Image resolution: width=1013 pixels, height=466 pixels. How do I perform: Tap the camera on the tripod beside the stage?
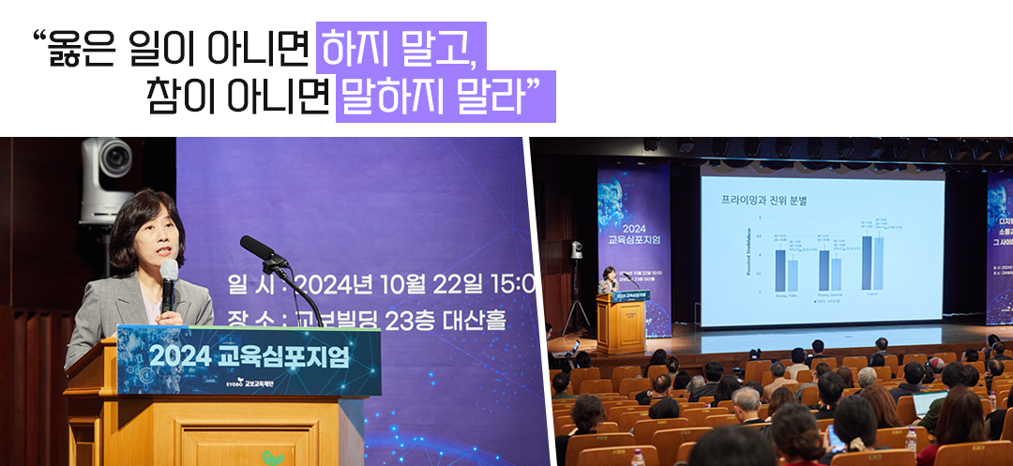(576, 250)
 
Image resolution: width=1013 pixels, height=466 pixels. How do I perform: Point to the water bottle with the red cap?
(638, 458)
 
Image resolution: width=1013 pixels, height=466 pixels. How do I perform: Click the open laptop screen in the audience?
(930, 403)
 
